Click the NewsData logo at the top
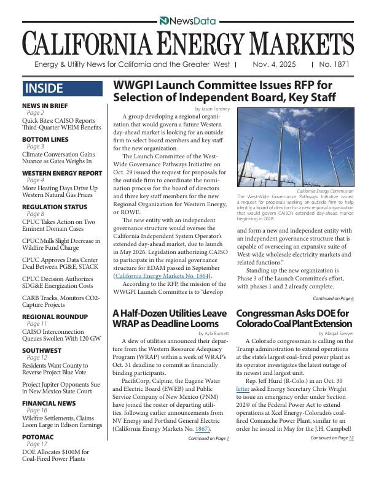187,21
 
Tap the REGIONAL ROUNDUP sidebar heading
55,316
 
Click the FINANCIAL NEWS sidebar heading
49,403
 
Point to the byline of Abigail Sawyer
335,333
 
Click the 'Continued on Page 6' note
333,298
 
